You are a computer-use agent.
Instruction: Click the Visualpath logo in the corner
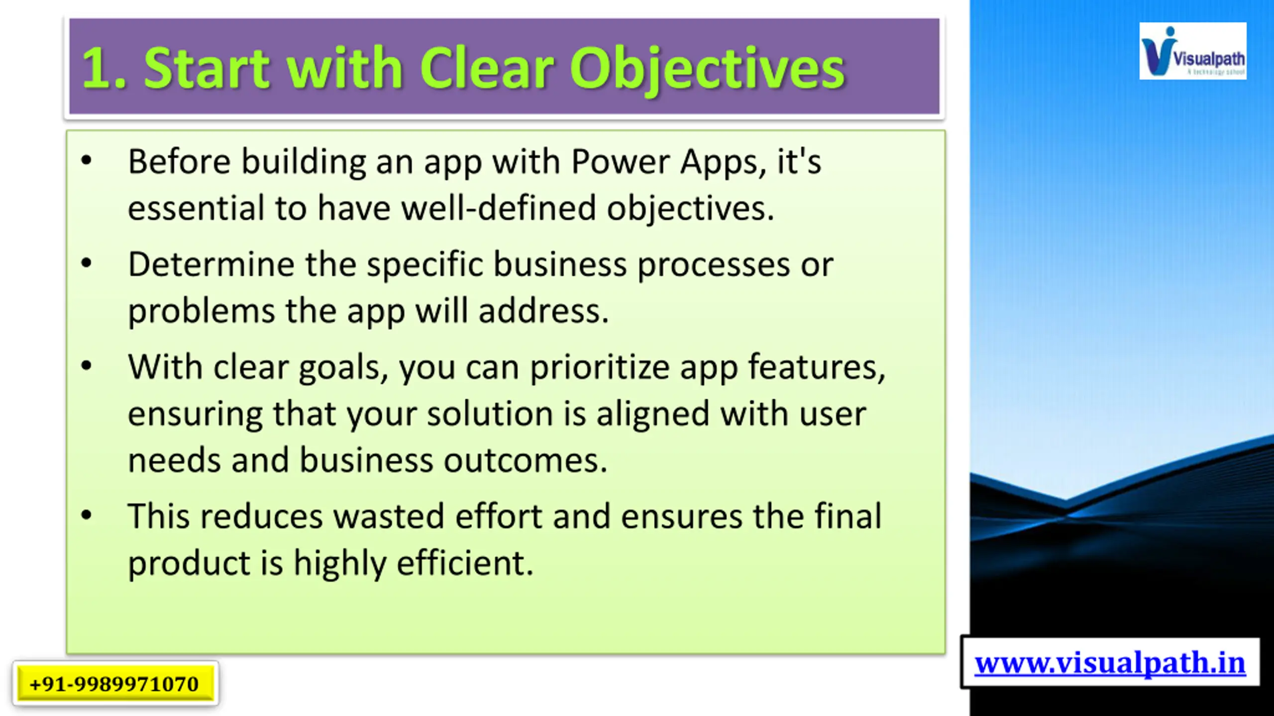tap(1192, 51)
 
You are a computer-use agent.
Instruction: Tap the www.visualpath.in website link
tap(1110, 663)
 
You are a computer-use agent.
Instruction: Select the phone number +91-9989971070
tap(114, 684)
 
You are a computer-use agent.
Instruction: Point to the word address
tap(543, 311)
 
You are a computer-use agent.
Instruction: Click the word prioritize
tap(599, 368)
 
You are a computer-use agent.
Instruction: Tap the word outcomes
tap(525, 460)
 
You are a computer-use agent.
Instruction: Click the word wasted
tap(388, 516)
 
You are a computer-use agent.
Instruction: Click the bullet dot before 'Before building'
tap(87, 161)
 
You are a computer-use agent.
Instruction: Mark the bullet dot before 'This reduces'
tap(87, 515)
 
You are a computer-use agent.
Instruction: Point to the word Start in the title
tap(206, 68)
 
